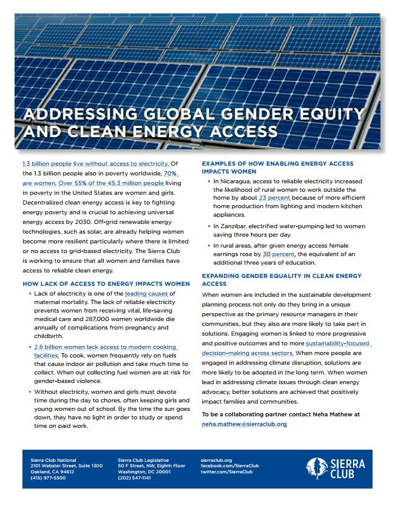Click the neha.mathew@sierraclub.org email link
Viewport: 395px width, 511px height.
[245, 424]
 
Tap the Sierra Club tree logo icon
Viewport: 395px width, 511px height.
[315, 468]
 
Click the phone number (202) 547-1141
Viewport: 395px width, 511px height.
[134, 478]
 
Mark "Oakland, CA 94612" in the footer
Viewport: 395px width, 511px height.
[52, 472]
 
